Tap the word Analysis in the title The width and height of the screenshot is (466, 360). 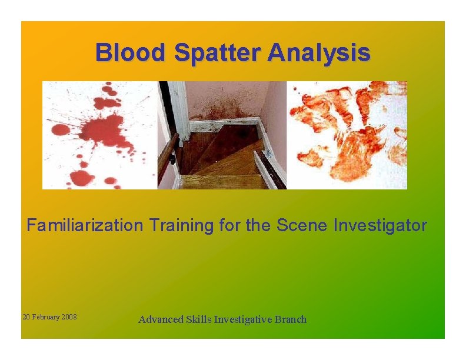tap(319, 52)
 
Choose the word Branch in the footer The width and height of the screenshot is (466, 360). tap(291, 319)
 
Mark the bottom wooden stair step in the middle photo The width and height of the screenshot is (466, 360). tap(224, 182)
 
